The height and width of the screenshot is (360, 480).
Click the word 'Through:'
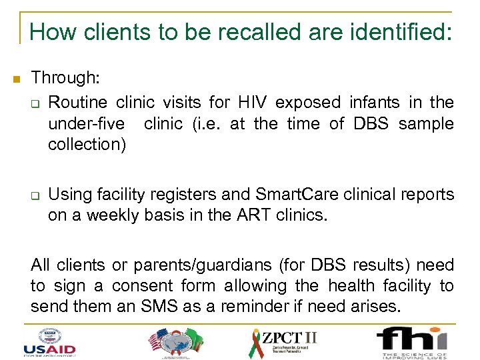tap(65, 78)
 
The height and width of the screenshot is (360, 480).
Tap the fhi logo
tap(411, 341)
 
